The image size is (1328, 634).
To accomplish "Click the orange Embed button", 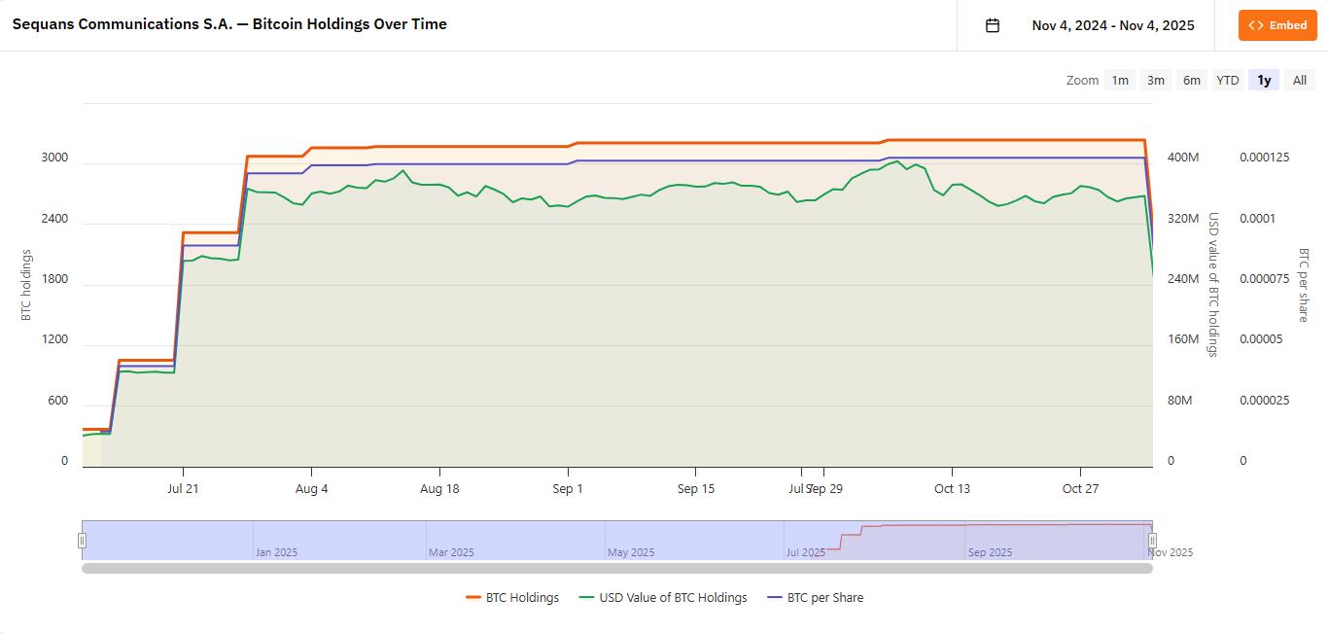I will coord(1277,25).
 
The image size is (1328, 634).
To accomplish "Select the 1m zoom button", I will coord(1120,80).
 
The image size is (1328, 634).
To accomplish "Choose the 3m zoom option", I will coord(1155,80).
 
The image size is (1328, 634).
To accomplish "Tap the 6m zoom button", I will coord(1191,80).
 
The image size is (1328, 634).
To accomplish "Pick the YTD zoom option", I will coord(1228,80).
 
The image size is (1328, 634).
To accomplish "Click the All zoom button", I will coord(1299,80).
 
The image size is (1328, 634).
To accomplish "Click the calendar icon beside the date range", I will coord(993,25).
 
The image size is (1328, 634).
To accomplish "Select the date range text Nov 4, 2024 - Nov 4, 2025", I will coord(1113,25).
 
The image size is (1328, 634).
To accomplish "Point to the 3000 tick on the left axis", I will coord(54,158).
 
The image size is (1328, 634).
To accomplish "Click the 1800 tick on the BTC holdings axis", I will coord(54,279).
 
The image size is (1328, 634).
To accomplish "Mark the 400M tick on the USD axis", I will coord(1183,158).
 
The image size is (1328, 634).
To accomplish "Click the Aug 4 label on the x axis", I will coord(311,489).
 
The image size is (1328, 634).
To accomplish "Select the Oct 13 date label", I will coord(952,489).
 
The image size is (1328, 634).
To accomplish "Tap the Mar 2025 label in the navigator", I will coord(451,552).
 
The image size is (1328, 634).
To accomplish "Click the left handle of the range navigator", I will coord(83,541).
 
